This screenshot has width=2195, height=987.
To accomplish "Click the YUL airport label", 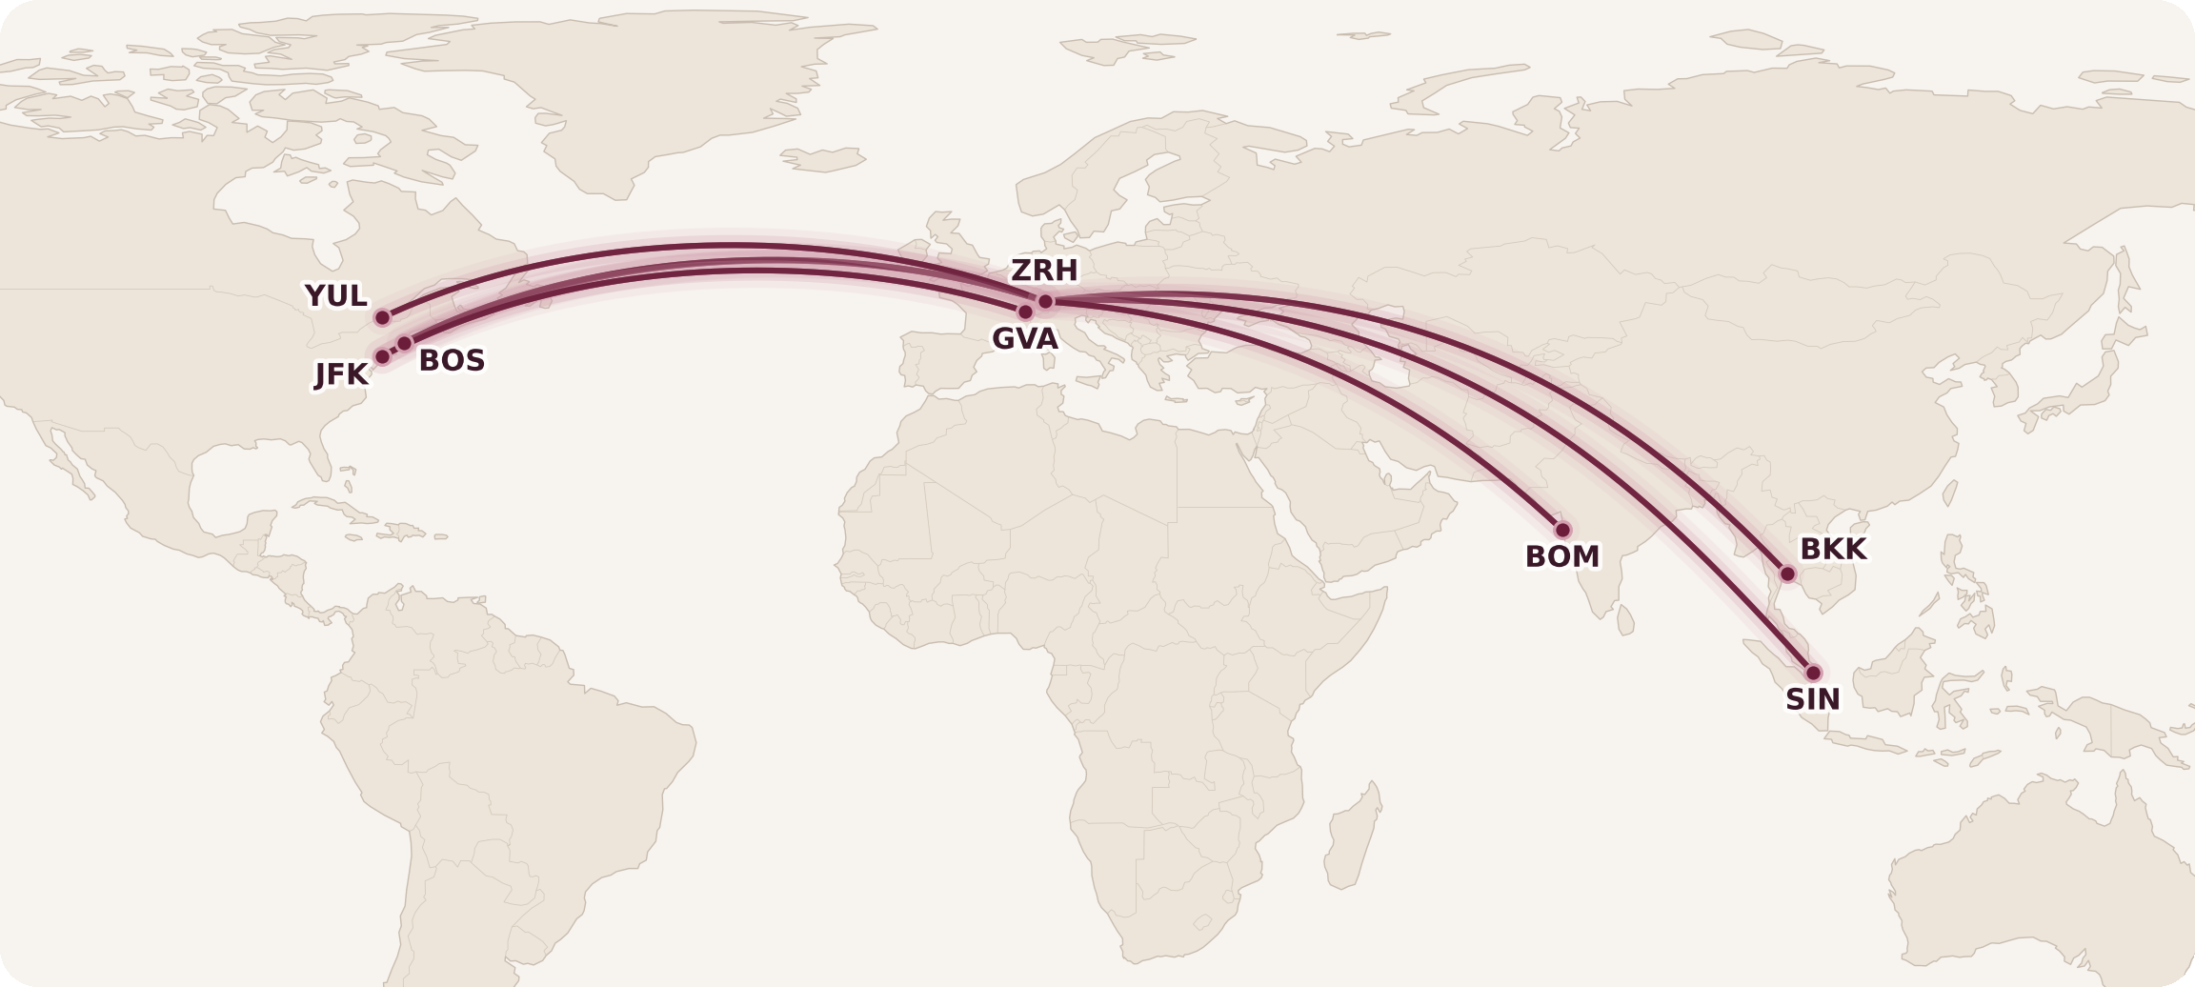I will click(x=336, y=296).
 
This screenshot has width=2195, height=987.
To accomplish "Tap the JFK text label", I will click(x=341, y=374).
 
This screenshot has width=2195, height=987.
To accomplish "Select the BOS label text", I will click(x=452, y=361).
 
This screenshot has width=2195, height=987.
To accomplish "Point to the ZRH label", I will click(x=1044, y=271).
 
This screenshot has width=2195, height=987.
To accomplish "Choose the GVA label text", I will click(x=1024, y=339).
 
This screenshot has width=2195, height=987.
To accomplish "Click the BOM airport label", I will click(x=1562, y=556).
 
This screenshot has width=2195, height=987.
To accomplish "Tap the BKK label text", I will click(x=1832, y=550).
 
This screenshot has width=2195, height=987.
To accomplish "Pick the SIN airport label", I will click(x=1812, y=699).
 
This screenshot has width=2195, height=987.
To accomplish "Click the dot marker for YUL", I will click(x=382, y=317).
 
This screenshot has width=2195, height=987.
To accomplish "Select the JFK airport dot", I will click(x=382, y=356).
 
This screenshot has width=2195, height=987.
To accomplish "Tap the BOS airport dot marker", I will click(x=404, y=343).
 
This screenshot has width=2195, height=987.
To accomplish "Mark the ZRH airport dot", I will click(x=1045, y=301).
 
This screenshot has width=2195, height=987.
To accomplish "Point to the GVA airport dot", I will click(x=1025, y=312).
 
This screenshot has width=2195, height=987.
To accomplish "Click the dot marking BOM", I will click(x=1562, y=530).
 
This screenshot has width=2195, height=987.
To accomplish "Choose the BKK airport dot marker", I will click(x=1787, y=574).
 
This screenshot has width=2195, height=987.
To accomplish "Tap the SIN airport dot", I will click(x=1813, y=673).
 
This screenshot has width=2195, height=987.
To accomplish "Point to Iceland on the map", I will click(x=825, y=159).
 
